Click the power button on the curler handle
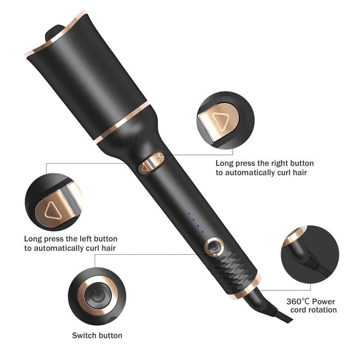point(214,247)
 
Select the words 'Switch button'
point(97,335)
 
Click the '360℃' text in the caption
point(298,301)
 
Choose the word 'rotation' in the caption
point(322,310)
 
